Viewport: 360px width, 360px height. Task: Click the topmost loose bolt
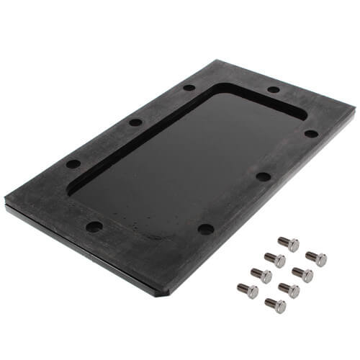(289, 244)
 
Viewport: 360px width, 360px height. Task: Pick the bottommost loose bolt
(274, 305)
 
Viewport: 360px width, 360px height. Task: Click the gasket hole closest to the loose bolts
(206, 229)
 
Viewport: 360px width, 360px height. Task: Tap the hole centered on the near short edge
(94, 226)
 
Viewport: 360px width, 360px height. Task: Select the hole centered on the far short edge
(274, 90)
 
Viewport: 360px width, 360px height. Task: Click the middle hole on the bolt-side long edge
(264, 176)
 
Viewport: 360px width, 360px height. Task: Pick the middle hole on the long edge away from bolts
(135, 122)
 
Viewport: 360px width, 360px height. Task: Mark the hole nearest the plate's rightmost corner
(311, 133)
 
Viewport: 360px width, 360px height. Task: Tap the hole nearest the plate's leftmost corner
(73, 164)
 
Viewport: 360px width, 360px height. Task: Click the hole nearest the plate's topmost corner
(189, 88)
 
